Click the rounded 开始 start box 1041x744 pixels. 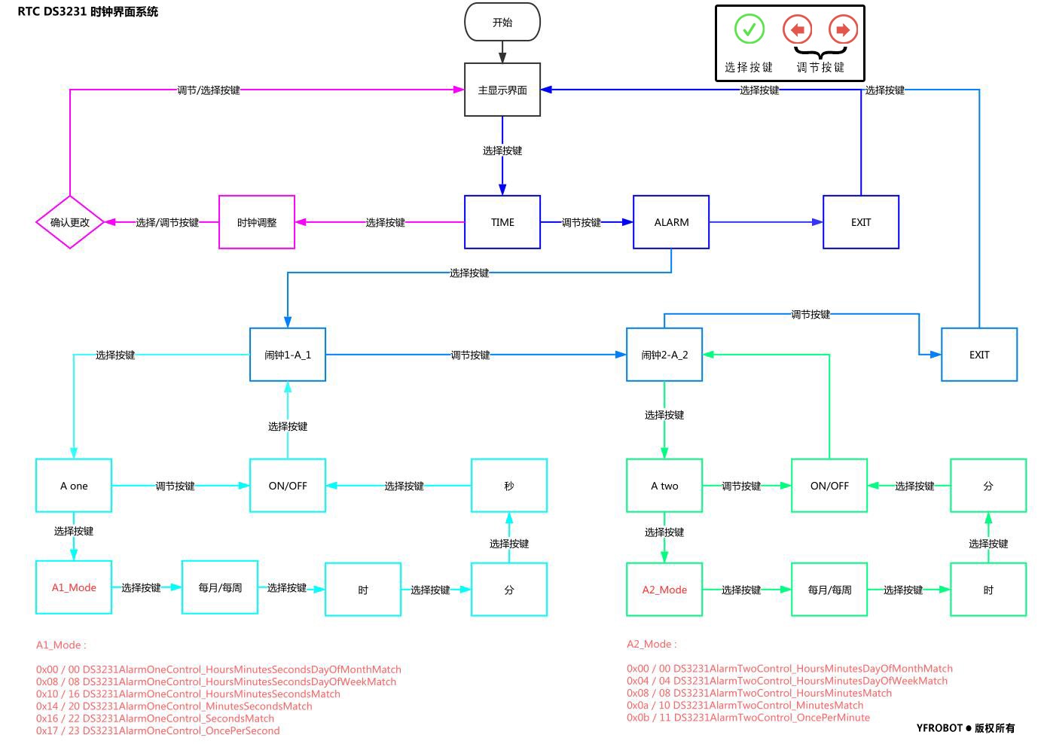(502, 22)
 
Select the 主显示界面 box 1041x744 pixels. (502, 90)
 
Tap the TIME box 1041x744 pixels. (502, 222)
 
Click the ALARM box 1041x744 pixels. (671, 222)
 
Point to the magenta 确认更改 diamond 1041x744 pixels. (70, 222)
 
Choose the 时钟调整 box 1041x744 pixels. (257, 222)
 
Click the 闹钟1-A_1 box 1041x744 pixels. (288, 355)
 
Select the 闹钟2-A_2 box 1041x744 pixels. (664, 355)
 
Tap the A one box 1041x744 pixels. (74, 486)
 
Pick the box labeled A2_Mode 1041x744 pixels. (664, 590)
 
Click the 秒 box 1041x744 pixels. (509, 486)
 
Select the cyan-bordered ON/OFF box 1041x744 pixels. (288, 486)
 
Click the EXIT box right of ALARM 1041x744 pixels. (861, 222)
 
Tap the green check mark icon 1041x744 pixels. (749, 29)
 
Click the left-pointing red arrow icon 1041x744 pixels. (797, 29)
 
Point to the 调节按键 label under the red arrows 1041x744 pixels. (820, 67)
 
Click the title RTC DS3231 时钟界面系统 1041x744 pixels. (88, 11)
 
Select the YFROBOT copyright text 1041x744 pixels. (966, 728)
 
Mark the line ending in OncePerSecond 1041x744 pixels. (158, 730)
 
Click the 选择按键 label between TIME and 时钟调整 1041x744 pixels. (385, 222)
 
